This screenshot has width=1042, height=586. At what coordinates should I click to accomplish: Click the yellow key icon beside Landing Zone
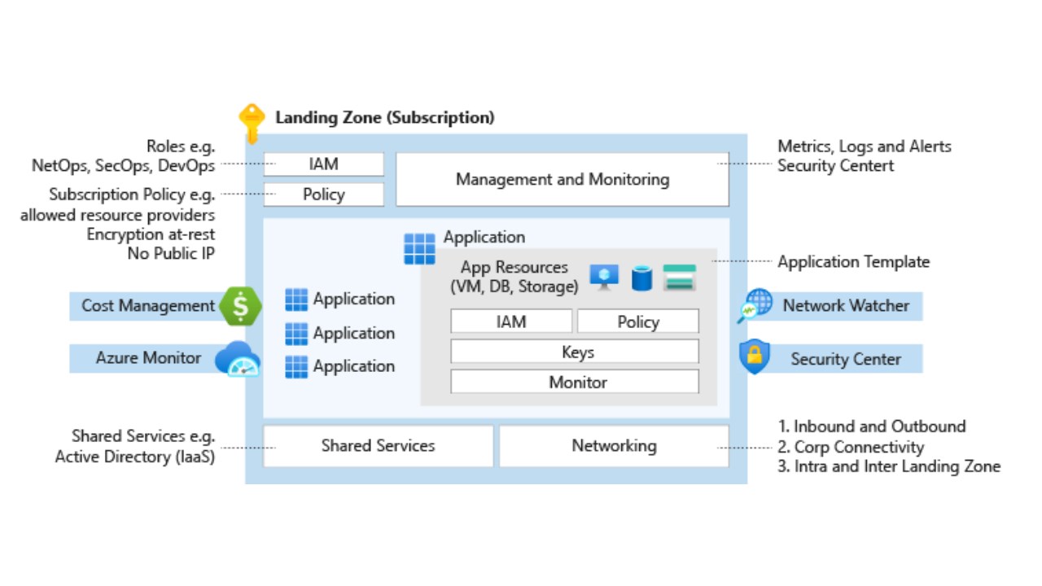click(x=252, y=123)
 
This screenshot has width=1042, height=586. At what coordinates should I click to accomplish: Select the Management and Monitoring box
click(x=562, y=179)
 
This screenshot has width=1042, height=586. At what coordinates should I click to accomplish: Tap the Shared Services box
click(x=378, y=446)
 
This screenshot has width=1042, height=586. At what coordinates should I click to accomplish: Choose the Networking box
click(x=614, y=446)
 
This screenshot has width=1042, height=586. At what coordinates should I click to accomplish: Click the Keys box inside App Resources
click(x=575, y=352)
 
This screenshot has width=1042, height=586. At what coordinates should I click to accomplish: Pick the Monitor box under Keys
click(x=575, y=382)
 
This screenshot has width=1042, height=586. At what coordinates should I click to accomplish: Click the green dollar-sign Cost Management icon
click(x=241, y=306)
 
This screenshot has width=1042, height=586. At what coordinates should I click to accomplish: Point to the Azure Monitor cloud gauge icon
click(x=237, y=359)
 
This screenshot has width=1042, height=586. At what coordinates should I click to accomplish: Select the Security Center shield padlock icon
click(x=755, y=357)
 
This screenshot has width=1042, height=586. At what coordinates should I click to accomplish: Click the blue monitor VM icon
click(x=604, y=277)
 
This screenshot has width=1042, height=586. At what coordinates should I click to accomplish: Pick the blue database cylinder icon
click(x=641, y=278)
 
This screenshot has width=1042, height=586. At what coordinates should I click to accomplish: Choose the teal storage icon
click(x=679, y=278)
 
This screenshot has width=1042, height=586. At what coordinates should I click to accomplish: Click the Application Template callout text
click(x=853, y=262)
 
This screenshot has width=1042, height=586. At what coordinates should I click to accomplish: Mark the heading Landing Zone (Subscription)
click(x=384, y=117)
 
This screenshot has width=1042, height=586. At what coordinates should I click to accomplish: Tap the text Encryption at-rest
click(x=151, y=234)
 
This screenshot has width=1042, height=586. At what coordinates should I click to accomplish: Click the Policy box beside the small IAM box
click(x=323, y=195)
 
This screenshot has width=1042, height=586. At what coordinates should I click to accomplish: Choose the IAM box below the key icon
click(x=323, y=164)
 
